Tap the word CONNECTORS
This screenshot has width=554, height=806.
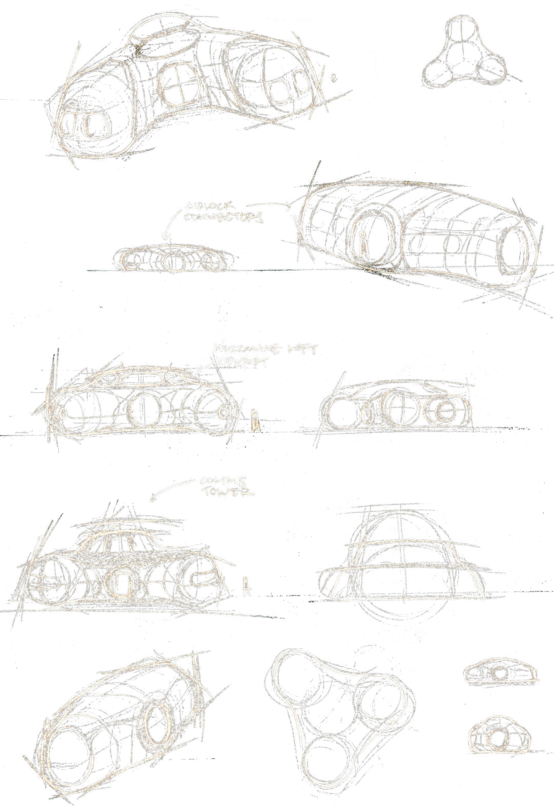223,217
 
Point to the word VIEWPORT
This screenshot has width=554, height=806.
242,362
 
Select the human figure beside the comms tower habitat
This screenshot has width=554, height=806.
246,586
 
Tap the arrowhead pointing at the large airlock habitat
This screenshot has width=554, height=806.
287,207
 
